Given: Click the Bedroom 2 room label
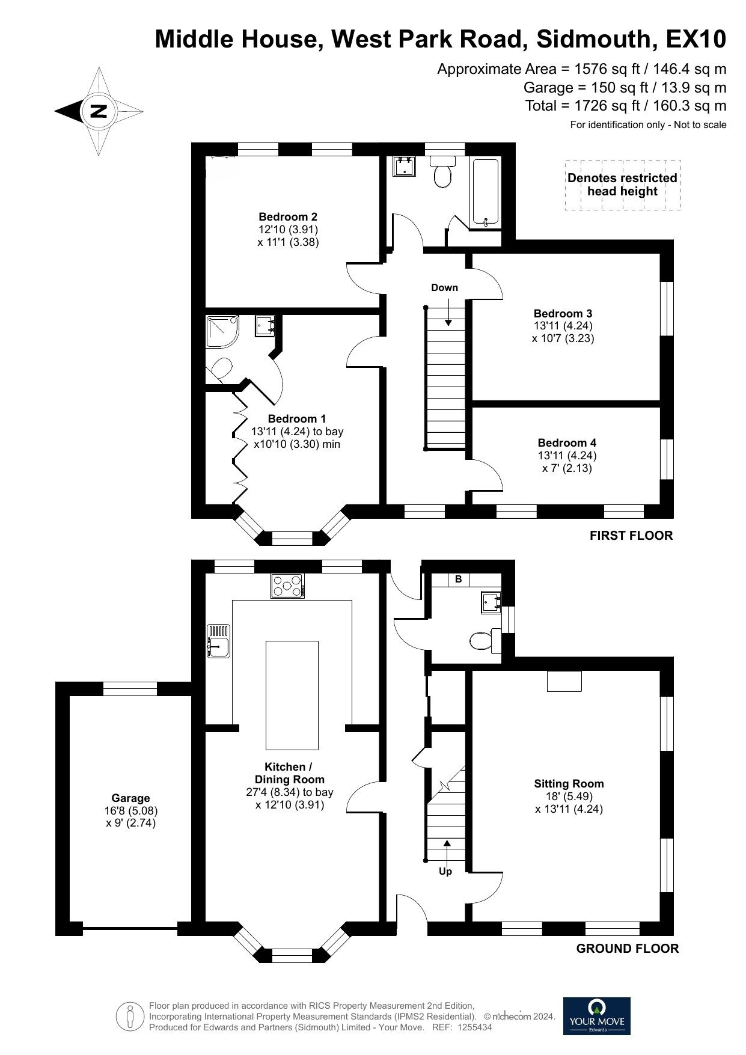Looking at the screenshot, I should (x=288, y=217).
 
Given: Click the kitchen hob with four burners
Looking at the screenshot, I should (x=288, y=586).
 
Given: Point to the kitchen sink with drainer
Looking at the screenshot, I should (x=218, y=641).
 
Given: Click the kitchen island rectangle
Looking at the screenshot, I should (x=292, y=694).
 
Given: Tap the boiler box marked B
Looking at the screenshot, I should (x=459, y=579).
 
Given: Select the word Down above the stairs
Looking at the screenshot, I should (x=444, y=288).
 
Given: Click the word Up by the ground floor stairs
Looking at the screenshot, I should (x=445, y=871).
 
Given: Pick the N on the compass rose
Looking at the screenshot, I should (x=98, y=111).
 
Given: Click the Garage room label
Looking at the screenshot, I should (x=130, y=798).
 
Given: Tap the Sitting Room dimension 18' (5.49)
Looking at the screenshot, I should (x=569, y=797).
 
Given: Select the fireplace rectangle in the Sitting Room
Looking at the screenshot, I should (x=564, y=681).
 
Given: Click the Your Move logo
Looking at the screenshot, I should (x=596, y=1016).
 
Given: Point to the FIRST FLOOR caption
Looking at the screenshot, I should (x=631, y=536).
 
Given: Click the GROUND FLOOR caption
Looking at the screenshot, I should (x=627, y=949).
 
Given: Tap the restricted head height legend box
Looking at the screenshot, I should (x=622, y=185).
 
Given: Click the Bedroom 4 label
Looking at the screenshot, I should (x=567, y=443).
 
